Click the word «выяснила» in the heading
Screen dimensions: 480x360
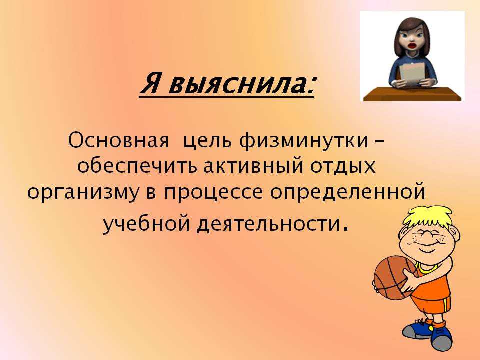click(241, 83)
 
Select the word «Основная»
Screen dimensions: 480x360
click(119, 141)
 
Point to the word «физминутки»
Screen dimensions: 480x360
click(304, 141)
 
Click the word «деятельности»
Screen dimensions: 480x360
click(268, 224)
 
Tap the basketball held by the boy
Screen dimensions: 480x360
click(395, 277)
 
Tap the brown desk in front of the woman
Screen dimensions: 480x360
click(412, 94)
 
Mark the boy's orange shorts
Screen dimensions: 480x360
click(431, 302)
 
